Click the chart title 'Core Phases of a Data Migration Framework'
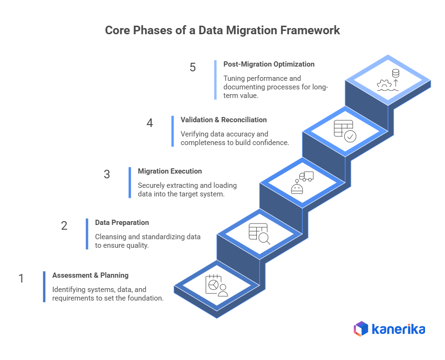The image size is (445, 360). click(x=222, y=30)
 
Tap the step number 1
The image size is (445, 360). click(x=21, y=278)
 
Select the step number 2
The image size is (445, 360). click(x=64, y=225)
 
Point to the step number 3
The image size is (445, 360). click(x=106, y=175)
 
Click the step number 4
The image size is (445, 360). click(x=150, y=123)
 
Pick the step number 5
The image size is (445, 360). click(x=193, y=67)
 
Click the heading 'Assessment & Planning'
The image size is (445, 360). click(x=90, y=275)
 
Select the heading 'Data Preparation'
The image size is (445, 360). click(x=122, y=223)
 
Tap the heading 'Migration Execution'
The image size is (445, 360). click(x=170, y=171)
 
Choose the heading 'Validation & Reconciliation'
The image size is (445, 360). click(x=223, y=120)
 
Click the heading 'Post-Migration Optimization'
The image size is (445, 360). click(x=269, y=64)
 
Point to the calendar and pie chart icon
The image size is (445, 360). click(x=216, y=286)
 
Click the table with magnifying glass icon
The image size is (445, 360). click(x=260, y=234)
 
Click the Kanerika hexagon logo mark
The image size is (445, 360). click(x=361, y=329)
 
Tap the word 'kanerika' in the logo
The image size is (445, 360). click(x=398, y=329)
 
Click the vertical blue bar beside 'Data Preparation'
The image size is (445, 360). click(x=87, y=234)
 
